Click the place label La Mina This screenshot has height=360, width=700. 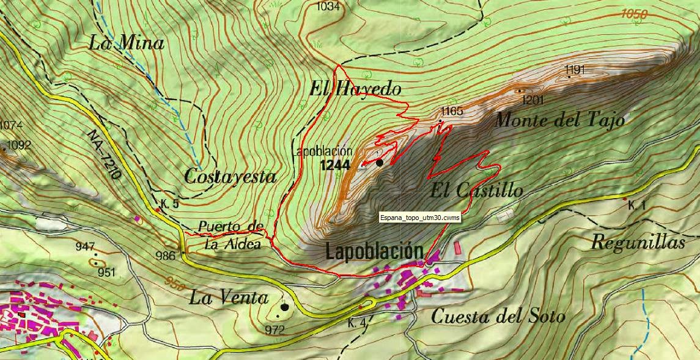(126, 43)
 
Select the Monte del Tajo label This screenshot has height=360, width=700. (559, 120)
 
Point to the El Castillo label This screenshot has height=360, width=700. (476, 191)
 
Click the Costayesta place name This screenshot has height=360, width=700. (230, 177)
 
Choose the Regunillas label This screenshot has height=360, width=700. (638, 243)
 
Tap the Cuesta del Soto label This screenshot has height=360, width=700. (498, 317)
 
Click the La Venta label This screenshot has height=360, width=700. (229, 298)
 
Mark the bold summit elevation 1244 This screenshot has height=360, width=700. (334, 165)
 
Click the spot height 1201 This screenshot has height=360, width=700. (533, 99)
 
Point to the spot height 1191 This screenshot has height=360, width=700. (575, 70)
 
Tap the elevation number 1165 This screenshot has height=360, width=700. (452, 111)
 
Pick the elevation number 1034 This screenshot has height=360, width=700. (328, 7)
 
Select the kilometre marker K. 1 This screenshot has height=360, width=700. (636, 206)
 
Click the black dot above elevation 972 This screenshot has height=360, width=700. (284, 307)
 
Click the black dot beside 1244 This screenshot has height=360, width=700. (380, 162)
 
